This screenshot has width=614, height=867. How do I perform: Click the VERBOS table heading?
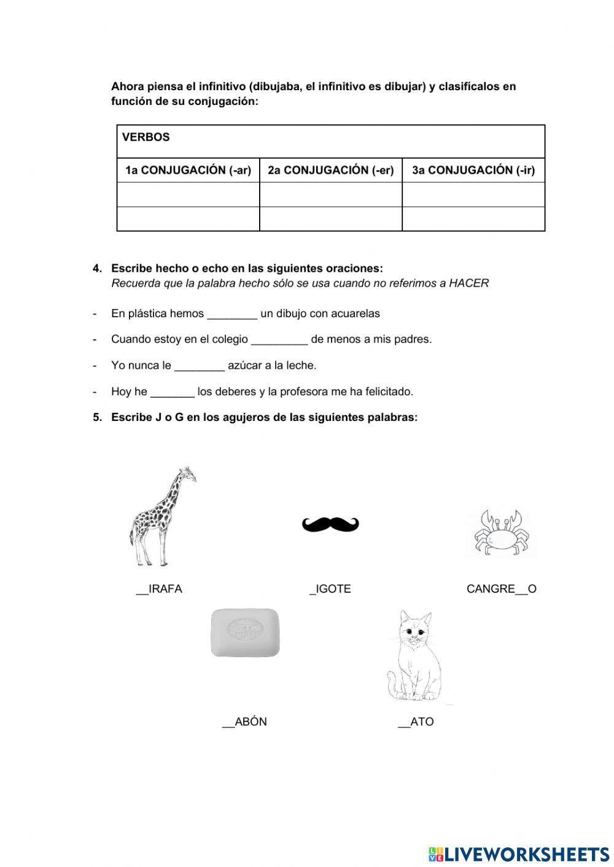point(146,137)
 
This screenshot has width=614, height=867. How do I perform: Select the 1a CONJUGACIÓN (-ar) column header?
point(188,171)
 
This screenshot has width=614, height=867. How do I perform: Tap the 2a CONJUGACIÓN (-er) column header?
point(330,171)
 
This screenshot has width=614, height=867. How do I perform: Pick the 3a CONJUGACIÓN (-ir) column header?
point(473,171)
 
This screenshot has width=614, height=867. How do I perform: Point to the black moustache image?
point(330,524)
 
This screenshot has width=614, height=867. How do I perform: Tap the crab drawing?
point(500,533)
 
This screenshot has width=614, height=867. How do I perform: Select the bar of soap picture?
point(245,632)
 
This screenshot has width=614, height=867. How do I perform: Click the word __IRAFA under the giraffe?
point(159,589)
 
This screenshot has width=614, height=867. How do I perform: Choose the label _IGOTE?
point(330,589)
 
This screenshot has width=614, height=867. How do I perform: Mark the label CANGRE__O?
point(501,589)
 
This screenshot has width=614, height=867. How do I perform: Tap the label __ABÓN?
point(244,722)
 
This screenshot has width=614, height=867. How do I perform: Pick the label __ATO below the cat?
point(416,722)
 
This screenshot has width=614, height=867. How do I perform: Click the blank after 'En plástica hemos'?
point(232,315)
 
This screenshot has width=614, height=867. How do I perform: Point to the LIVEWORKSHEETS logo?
point(519,854)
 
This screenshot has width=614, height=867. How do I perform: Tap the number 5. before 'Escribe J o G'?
point(97,417)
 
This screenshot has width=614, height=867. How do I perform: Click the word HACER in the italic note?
point(469,283)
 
